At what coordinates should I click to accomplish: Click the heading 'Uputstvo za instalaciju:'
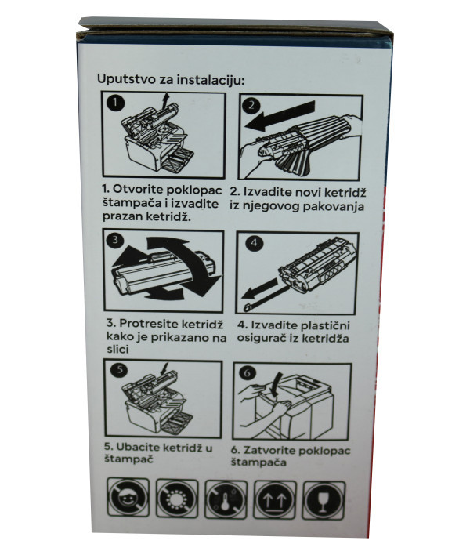pyautogui.click(x=171, y=79)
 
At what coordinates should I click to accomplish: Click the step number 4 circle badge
pyautogui.click(x=252, y=244)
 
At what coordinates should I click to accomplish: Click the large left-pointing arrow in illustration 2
pyautogui.click(x=281, y=119)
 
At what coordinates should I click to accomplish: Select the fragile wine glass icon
pyautogui.click(x=327, y=498)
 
